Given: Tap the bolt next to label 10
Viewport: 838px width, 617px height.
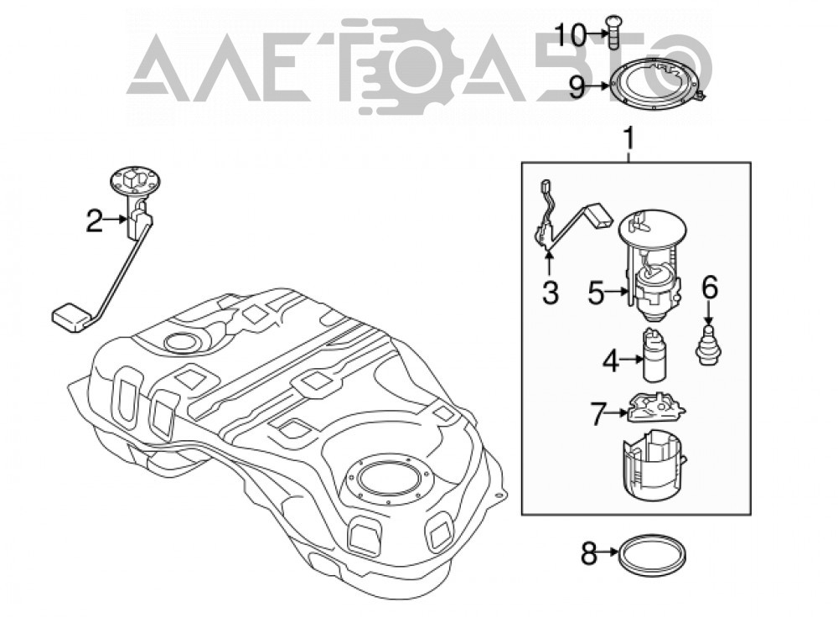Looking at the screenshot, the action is click(x=613, y=33).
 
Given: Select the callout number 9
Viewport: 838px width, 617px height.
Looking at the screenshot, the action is click(x=577, y=87).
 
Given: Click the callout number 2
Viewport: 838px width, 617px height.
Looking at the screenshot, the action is click(x=94, y=220).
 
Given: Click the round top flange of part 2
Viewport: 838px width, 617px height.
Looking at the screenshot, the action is click(x=135, y=181).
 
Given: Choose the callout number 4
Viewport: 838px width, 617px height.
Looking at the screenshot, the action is click(x=611, y=361).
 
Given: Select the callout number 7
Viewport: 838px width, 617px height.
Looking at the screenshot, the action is click(x=600, y=413).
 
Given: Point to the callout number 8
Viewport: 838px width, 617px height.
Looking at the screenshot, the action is click(x=588, y=554).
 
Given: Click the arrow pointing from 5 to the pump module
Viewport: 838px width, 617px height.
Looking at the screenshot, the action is click(x=617, y=292).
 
